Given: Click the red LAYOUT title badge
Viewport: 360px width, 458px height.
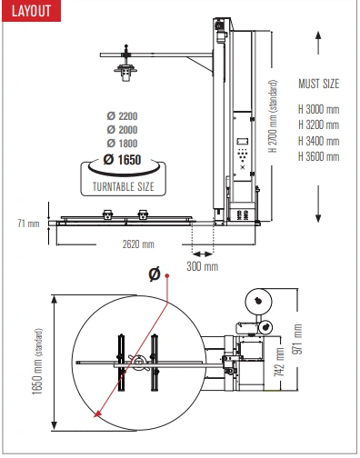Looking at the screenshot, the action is [31, 11].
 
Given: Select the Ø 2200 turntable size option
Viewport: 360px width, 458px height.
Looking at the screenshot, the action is [122, 115].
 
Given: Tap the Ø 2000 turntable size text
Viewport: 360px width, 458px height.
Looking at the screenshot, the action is [122, 130].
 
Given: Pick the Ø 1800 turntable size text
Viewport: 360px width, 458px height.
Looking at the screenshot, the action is [122, 144].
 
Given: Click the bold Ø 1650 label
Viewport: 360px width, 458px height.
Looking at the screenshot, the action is [122, 160].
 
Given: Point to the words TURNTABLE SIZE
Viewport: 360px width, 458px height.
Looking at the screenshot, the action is [124, 186].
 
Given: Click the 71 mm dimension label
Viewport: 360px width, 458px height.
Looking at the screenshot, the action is [28, 224].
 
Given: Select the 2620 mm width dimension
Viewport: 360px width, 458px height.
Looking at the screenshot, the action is [138, 244].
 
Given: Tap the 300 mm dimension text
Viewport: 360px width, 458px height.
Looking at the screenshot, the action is [203, 266].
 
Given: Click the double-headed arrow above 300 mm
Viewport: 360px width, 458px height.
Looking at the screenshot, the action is [203, 254].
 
